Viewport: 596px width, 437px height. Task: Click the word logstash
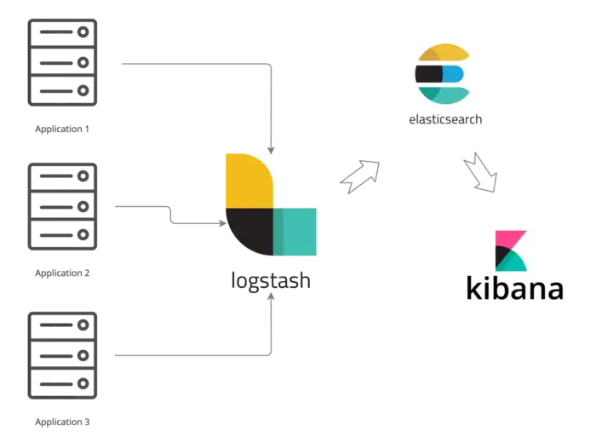point(271,279)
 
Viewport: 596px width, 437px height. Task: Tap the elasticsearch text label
point(445,119)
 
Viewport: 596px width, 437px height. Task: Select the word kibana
point(514,286)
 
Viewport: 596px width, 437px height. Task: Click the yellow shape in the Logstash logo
point(247,181)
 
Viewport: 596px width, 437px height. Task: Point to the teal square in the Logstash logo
point(296,231)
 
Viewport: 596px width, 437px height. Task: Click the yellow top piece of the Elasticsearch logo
point(440,52)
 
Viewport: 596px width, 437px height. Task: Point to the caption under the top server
point(61,130)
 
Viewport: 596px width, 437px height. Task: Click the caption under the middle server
point(65,274)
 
